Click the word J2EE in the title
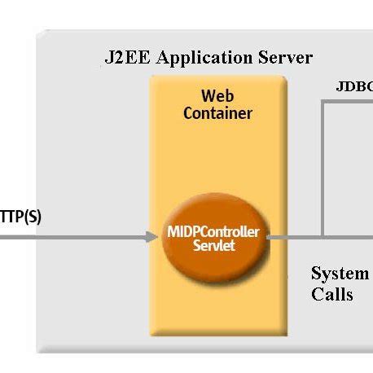click(125, 58)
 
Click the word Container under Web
click(217, 113)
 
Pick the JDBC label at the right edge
click(354, 86)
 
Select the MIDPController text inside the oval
click(213, 232)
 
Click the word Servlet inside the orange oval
click(213, 245)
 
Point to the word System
click(340, 274)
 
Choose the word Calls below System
click(332, 293)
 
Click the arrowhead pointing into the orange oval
click(151, 237)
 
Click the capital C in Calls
click(318, 293)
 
